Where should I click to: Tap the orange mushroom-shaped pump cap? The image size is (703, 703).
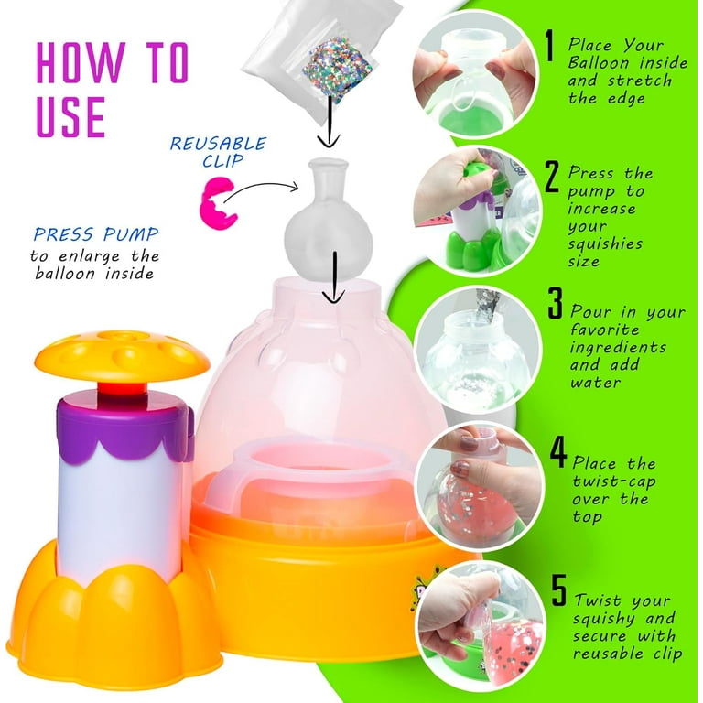122,356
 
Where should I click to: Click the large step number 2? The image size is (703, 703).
552,177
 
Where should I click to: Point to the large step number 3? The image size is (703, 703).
556,303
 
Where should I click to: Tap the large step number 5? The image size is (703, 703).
559,589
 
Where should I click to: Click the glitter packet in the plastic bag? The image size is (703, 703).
337,66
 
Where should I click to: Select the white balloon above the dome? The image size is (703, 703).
329,220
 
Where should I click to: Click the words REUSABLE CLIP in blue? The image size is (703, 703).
218,152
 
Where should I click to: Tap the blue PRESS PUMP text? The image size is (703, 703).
96,234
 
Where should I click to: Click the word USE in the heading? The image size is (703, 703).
70,116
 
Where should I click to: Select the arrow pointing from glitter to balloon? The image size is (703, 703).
330,121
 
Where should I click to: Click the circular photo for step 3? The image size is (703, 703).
478,350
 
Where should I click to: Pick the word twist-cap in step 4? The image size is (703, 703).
614,481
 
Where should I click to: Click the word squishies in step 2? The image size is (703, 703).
605,243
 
